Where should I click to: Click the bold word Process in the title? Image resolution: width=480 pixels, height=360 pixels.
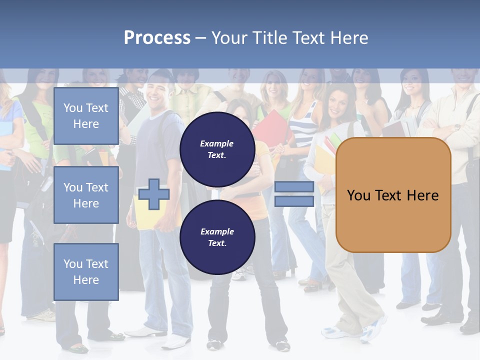(157, 38)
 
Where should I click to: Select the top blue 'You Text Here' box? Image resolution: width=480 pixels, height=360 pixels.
(86, 116)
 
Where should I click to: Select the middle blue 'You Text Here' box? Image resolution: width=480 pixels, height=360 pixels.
(86, 195)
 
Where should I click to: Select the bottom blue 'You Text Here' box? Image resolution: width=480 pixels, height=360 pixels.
(86, 272)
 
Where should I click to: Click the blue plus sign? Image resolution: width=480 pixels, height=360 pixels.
(154, 194)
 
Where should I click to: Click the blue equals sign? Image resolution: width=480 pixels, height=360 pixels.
(294, 194)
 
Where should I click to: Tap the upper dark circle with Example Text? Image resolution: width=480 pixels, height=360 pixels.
(217, 149)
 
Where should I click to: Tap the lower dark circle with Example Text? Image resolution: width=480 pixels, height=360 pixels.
(217, 237)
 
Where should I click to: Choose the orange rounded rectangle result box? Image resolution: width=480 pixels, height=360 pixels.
(393, 195)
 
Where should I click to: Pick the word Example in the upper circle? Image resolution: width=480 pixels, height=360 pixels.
(217, 143)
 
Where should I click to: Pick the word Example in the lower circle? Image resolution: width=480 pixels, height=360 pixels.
(217, 231)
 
